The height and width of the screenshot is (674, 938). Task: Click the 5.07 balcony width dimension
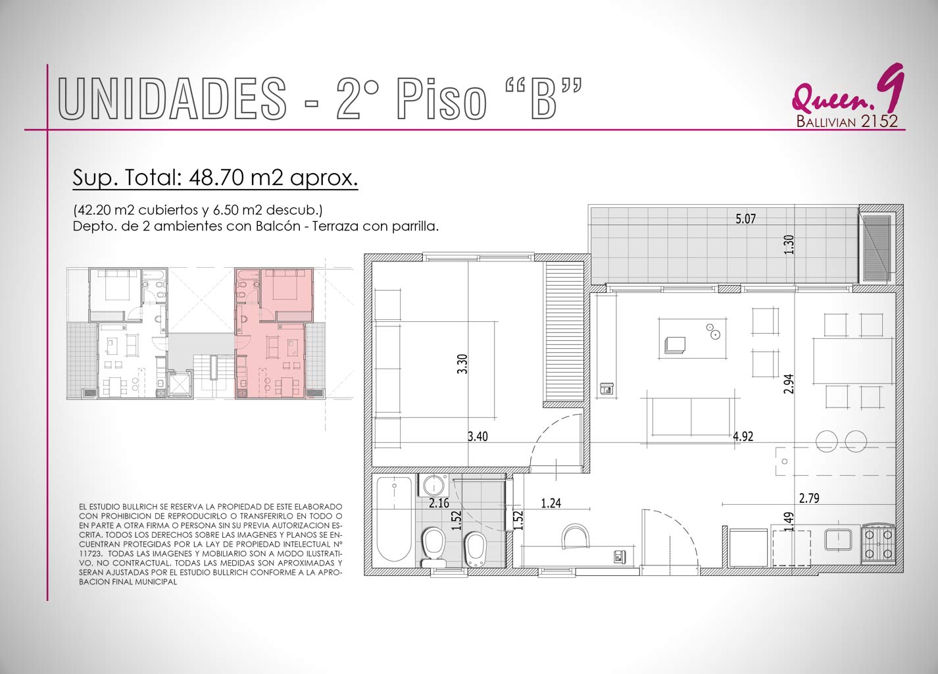click(746, 219)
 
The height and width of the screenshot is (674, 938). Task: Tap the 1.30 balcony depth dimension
click(789, 244)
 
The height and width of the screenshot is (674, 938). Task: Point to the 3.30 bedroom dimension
click(462, 364)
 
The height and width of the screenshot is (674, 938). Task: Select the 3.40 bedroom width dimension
click(478, 436)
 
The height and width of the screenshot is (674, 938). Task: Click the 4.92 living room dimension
click(743, 436)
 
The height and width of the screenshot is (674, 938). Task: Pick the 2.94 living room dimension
click(789, 384)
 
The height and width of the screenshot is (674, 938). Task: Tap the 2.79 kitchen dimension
click(809, 498)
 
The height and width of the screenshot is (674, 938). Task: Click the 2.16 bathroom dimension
click(439, 503)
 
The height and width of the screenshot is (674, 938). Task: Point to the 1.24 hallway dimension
click(551, 503)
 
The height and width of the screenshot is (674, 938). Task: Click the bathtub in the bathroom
click(394, 519)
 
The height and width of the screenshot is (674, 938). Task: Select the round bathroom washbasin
click(434, 486)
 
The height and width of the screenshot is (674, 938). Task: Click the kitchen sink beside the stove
click(838, 540)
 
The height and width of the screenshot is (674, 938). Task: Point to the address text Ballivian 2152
click(847, 121)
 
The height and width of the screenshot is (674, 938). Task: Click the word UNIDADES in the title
click(172, 98)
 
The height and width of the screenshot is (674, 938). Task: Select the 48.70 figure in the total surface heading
click(216, 178)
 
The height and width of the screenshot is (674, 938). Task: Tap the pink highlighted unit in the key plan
click(273, 333)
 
